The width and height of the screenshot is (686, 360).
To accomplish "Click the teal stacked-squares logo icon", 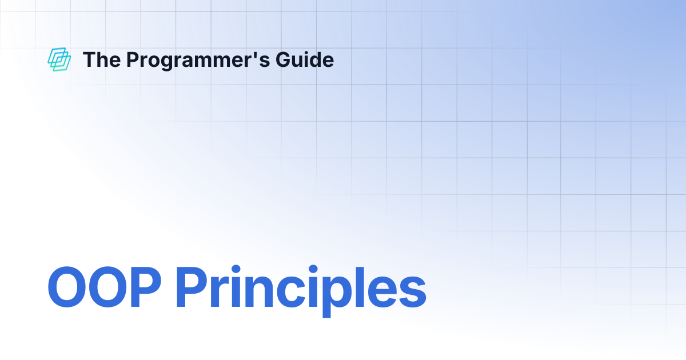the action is (59, 59).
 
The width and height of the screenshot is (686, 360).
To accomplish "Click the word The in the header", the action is (102, 59).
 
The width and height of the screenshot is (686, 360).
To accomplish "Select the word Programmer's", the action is (198, 61).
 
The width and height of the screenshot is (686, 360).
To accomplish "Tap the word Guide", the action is (305, 59).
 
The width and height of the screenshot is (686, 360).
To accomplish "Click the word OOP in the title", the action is (104, 286).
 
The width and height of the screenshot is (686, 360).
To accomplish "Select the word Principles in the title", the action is (301, 291).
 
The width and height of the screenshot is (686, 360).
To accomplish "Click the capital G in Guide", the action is (284, 59).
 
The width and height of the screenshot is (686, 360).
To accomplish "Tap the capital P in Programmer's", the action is (133, 59).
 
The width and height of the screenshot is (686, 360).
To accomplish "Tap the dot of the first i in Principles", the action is (236, 269).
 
